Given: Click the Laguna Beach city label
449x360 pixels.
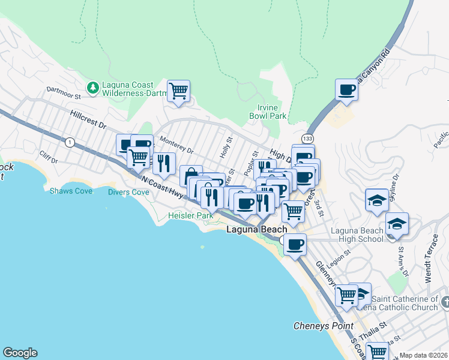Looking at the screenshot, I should pyautogui.click(x=256, y=230).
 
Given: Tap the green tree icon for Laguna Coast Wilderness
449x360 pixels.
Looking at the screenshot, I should pyautogui.click(x=93, y=88).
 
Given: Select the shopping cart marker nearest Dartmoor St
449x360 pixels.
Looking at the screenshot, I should pyautogui.click(x=178, y=92).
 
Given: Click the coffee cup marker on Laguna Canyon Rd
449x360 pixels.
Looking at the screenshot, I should pyautogui.click(x=346, y=91).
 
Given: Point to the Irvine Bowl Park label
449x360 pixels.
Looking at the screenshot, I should pyautogui.click(x=268, y=111).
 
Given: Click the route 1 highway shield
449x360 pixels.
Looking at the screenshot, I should pyautogui.click(x=70, y=142).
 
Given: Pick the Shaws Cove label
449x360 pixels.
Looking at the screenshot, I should pyautogui.click(x=71, y=191).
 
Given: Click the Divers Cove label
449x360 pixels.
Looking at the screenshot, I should pyautogui.click(x=128, y=193).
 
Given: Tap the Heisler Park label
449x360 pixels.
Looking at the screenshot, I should pyautogui.click(x=190, y=215).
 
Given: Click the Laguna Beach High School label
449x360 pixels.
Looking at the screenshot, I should pyautogui.click(x=358, y=235).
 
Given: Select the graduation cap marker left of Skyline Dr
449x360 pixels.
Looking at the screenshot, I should pyautogui.click(x=376, y=200).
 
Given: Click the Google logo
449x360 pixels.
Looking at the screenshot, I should pyautogui.click(x=20, y=353).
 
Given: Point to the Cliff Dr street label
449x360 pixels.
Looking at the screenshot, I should pyautogui.click(x=49, y=161).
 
